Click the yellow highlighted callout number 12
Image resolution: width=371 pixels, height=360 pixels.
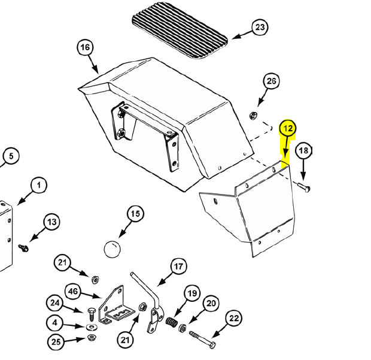point(288,129)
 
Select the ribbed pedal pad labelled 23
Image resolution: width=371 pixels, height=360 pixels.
point(180,31)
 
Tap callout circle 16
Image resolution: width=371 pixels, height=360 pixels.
point(85,47)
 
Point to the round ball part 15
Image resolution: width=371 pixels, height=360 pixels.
point(112,249)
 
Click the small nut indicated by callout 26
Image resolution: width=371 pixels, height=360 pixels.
point(254,116)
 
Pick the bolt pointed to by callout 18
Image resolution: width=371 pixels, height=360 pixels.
point(304,187)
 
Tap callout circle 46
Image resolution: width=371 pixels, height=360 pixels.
point(72,291)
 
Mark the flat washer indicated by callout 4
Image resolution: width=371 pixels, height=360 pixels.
point(90,327)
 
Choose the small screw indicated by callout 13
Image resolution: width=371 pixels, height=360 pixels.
point(23,248)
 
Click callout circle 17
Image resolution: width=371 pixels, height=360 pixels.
point(179,267)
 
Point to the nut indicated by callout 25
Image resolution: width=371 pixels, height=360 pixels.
point(91,337)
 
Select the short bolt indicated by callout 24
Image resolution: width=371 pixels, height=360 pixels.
point(91,314)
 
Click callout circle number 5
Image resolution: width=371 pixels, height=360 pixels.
point(11,156)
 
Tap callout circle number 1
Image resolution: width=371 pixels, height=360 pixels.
point(39,185)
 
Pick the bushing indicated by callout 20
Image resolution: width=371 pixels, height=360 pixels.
point(183,328)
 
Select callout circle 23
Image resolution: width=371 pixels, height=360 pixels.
point(260,27)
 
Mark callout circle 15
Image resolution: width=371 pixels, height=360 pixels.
point(135,214)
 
